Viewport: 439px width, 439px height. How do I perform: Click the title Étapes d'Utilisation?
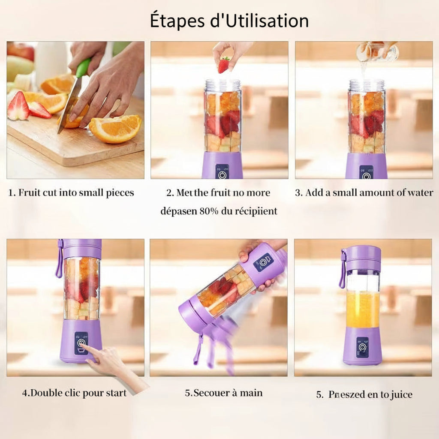[229, 21]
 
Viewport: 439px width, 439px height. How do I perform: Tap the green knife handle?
[83, 68]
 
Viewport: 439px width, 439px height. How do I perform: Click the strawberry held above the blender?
[223, 65]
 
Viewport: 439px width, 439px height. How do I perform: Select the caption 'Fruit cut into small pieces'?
[71, 193]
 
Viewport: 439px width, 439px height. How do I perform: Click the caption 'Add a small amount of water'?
[364, 193]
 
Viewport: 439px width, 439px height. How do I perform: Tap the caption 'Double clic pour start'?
[74, 393]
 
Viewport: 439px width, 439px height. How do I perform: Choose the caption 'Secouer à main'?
[224, 393]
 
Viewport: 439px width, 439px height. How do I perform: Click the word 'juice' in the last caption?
[401, 395]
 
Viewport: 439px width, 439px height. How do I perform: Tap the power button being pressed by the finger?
[81, 343]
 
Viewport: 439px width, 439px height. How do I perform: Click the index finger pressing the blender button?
[87, 348]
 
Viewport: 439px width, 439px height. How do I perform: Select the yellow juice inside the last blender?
[363, 309]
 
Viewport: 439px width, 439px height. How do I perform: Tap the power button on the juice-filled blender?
[363, 347]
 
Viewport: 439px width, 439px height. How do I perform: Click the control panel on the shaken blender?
[263, 262]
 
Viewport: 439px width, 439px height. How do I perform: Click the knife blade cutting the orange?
[69, 103]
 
